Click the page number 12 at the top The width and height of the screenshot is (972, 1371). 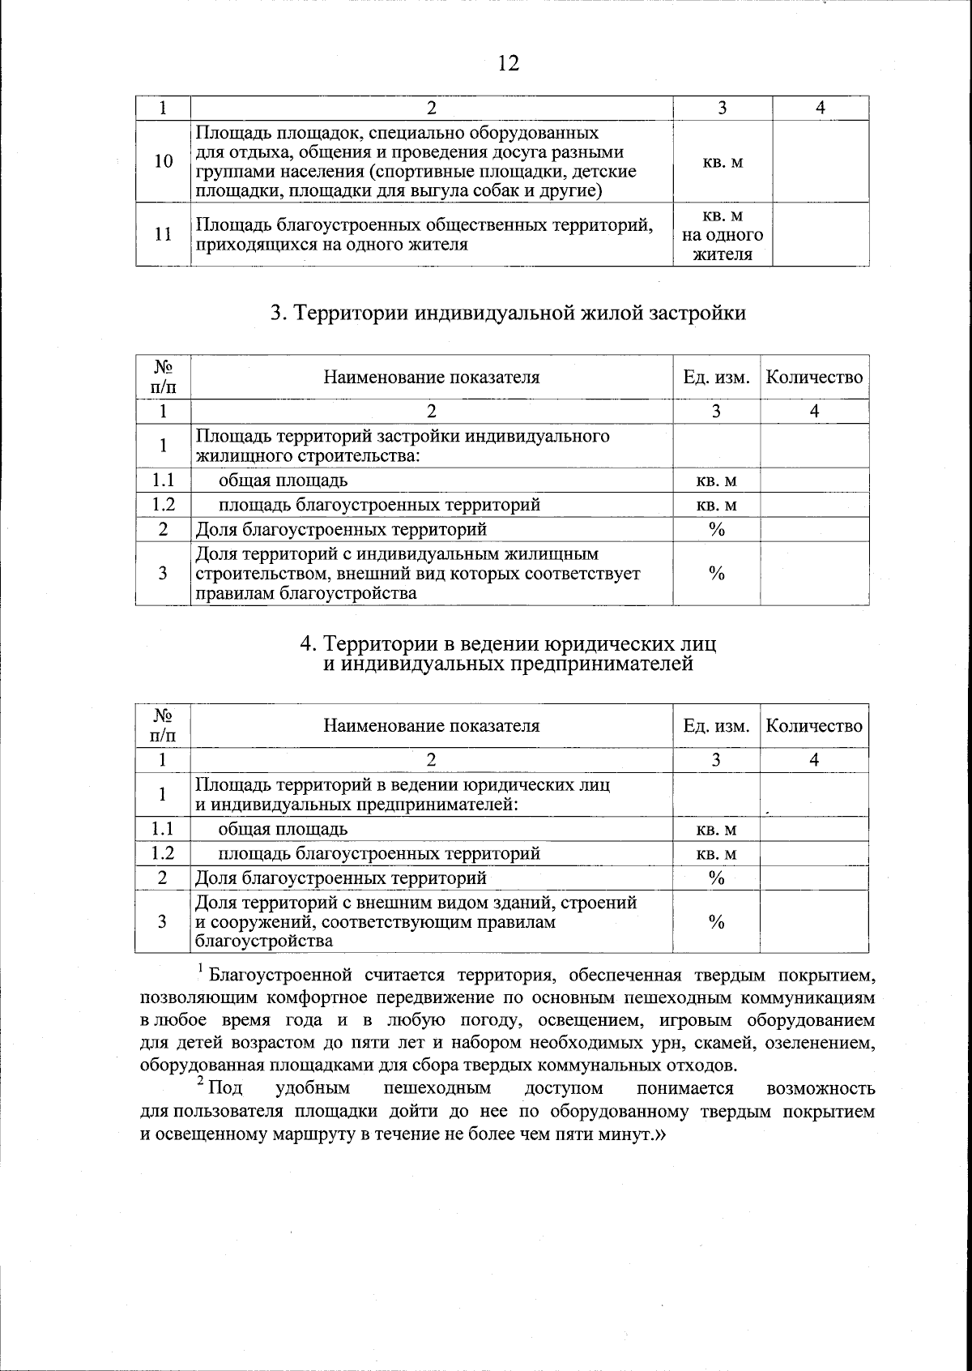click(x=508, y=63)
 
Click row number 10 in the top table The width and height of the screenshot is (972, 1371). click(x=163, y=161)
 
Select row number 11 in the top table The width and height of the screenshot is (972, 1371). click(x=163, y=234)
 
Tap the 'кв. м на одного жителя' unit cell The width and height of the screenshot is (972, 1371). click(x=722, y=235)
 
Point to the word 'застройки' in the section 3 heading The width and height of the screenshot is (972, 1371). click(x=699, y=313)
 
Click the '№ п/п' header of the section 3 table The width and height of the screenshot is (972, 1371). click(x=163, y=377)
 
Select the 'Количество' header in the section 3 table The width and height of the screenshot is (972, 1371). click(x=814, y=377)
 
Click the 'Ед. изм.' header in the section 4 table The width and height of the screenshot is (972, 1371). click(x=716, y=725)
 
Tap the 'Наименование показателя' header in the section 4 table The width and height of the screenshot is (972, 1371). click(x=431, y=725)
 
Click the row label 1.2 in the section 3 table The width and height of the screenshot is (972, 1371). click(x=163, y=505)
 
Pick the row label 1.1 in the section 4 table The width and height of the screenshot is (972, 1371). click(x=163, y=829)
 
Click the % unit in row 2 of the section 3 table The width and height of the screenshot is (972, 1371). click(x=716, y=529)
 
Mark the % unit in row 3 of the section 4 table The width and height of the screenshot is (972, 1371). click(x=716, y=922)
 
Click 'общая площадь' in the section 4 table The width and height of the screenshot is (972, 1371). click(x=283, y=829)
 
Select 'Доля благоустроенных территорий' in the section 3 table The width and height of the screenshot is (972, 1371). click(x=341, y=529)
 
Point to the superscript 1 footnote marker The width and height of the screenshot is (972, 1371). click(x=200, y=968)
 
